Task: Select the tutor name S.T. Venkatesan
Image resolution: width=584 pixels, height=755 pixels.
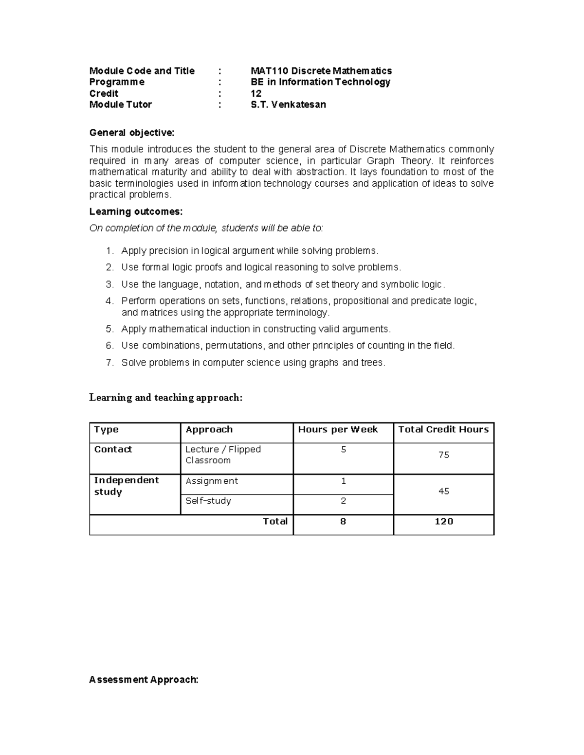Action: (288, 105)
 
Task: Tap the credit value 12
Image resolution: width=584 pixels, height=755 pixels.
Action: (256, 93)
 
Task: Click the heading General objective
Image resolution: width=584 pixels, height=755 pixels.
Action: (131, 133)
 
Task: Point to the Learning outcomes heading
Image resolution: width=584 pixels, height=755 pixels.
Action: (136, 211)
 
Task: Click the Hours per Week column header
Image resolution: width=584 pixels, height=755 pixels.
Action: (338, 429)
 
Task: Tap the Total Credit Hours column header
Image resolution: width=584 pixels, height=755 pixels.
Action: (443, 429)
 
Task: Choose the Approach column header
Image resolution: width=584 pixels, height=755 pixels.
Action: (209, 429)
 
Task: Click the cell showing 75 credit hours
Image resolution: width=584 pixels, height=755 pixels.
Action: (443, 455)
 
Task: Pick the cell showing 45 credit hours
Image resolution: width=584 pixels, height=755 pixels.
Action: (443, 492)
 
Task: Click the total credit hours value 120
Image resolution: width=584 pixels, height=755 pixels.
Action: (443, 522)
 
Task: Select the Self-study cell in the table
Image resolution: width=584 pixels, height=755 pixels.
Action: (208, 501)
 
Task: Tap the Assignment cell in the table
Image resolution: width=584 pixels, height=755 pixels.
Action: (212, 481)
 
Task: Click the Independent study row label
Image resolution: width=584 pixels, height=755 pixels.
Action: (126, 486)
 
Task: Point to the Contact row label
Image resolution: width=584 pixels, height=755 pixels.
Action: (113, 449)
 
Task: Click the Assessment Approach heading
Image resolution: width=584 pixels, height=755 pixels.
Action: (144, 680)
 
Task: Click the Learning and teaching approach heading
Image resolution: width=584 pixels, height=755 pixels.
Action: (165, 398)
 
